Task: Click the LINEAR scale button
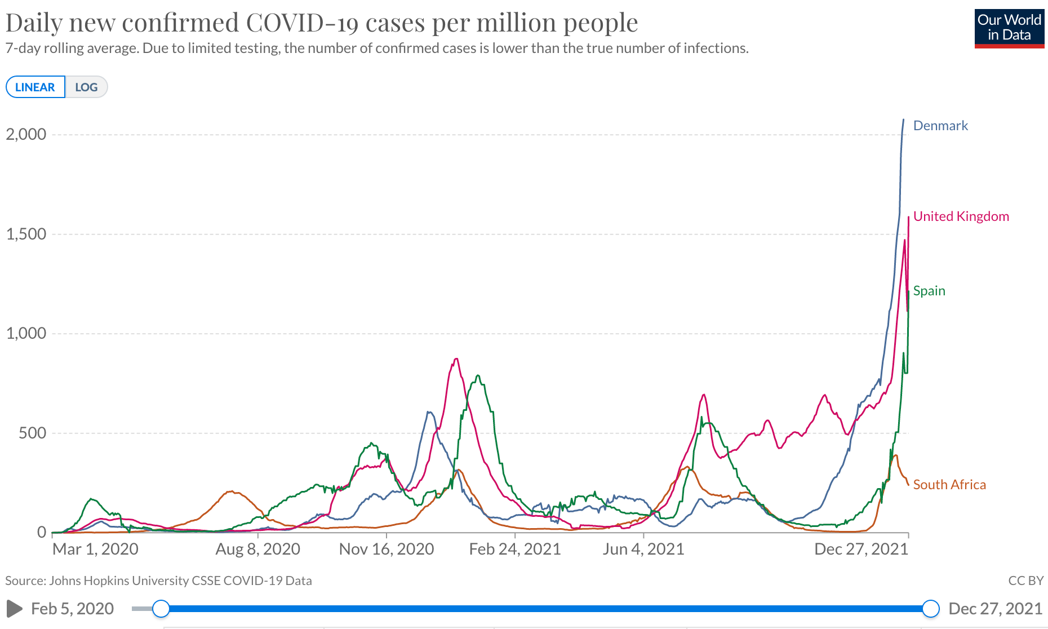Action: (35, 87)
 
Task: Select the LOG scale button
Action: (86, 87)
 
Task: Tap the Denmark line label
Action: (940, 126)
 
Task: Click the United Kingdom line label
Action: (961, 216)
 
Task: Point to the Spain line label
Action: (929, 291)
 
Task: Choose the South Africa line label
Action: (949, 485)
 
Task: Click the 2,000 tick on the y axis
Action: (26, 134)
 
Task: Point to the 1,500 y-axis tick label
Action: (26, 234)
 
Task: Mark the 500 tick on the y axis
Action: (33, 433)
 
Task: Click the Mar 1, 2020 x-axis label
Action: (95, 549)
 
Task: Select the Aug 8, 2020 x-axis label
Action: (257, 549)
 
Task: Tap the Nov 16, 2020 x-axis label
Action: (387, 549)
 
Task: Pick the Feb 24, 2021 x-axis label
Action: (515, 549)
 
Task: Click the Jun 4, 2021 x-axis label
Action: (643, 549)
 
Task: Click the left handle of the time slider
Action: (161, 609)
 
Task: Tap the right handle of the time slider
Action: (931, 609)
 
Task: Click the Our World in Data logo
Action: (1009, 28)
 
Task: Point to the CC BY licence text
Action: (1025, 581)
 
